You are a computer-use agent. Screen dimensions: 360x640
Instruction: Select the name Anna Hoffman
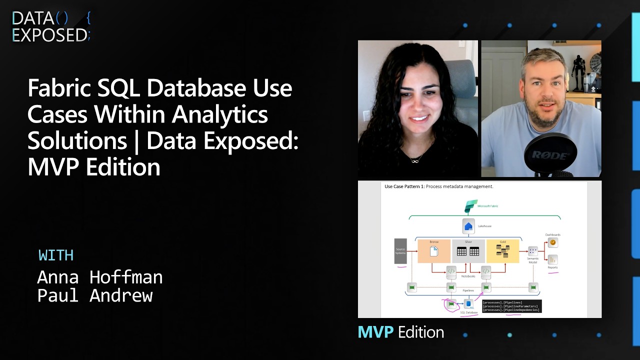pyautogui.click(x=99, y=277)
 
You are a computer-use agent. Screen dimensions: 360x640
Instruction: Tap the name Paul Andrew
pyautogui.click(x=94, y=295)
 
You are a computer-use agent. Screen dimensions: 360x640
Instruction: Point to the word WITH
pyautogui.click(x=56, y=255)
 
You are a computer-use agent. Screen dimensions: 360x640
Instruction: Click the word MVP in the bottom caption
pyautogui.click(x=375, y=332)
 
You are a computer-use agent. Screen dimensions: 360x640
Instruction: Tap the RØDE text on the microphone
pyautogui.click(x=549, y=155)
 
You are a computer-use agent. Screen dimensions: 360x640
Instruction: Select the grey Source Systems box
pyautogui.click(x=400, y=250)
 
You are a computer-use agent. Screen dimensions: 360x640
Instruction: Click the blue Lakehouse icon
pyautogui.click(x=468, y=226)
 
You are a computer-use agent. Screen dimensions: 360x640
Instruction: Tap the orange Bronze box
pyautogui.click(x=433, y=251)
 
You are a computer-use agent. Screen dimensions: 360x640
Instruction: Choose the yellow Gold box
pyautogui.click(x=502, y=251)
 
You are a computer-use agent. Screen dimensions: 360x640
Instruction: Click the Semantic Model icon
pyautogui.click(x=533, y=251)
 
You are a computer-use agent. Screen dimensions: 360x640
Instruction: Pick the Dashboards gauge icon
pyautogui.click(x=552, y=242)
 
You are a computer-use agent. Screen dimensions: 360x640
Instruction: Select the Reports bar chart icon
pyautogui.click(x=552, y=259)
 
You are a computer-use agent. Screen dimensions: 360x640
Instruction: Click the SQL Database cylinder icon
pyautogui.click(x=469, y=303)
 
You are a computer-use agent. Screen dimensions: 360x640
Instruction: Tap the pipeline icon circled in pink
pyautogui.click(x=451, y=303)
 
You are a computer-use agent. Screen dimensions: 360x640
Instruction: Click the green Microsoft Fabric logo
pyautogui.click(x=470, y=206)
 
